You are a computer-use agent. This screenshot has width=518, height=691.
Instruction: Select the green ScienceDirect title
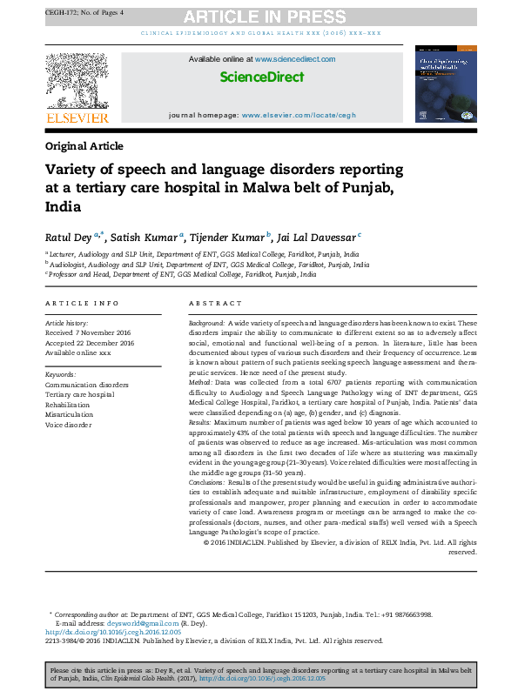tap(261, 77)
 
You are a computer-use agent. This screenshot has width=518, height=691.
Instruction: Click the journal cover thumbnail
tap(446, 83)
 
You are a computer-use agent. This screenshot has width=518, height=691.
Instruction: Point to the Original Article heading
tap(84, 146)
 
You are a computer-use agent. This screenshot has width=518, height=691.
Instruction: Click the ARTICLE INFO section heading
tap(82, 303)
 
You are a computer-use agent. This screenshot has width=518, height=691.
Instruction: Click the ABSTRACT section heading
tap(214, 303)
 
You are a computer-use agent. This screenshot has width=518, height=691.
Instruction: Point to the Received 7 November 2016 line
tap(88, 332)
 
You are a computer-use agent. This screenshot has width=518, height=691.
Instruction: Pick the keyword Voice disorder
tap(68, 425)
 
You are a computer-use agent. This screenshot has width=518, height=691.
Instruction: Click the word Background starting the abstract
tap(207, 322)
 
